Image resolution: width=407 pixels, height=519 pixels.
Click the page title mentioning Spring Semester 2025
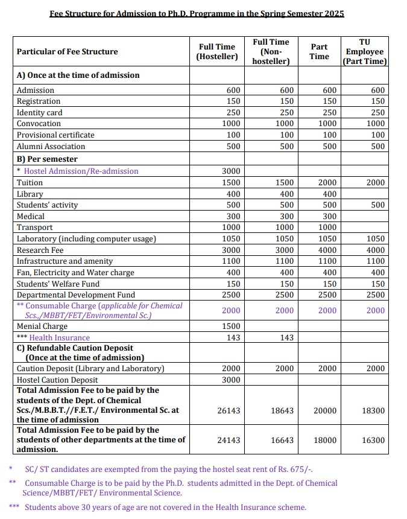tap(197, 13)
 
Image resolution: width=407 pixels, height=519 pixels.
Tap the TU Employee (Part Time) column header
tap(364, 51)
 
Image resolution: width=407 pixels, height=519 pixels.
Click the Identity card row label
tap(39, 113)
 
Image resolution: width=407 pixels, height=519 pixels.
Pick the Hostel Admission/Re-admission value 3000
tap(233, 171)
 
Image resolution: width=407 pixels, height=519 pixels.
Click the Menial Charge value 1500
tap(233, 326)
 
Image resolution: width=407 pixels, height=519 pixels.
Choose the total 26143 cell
tap(229, 411)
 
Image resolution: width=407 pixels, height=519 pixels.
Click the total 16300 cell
tap(373, 441)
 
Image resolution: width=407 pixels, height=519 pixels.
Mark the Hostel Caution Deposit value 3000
tap(233, 380)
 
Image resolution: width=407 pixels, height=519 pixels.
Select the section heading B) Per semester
tap(47, 159)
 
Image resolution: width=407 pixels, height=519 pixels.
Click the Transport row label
tap(34, 228)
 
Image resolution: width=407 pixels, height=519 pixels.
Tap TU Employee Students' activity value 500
tap(377, 205)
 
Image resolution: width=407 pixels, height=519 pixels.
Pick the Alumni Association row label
tap(51, 147)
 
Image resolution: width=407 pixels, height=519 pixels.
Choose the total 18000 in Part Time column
tap(326, 441)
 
